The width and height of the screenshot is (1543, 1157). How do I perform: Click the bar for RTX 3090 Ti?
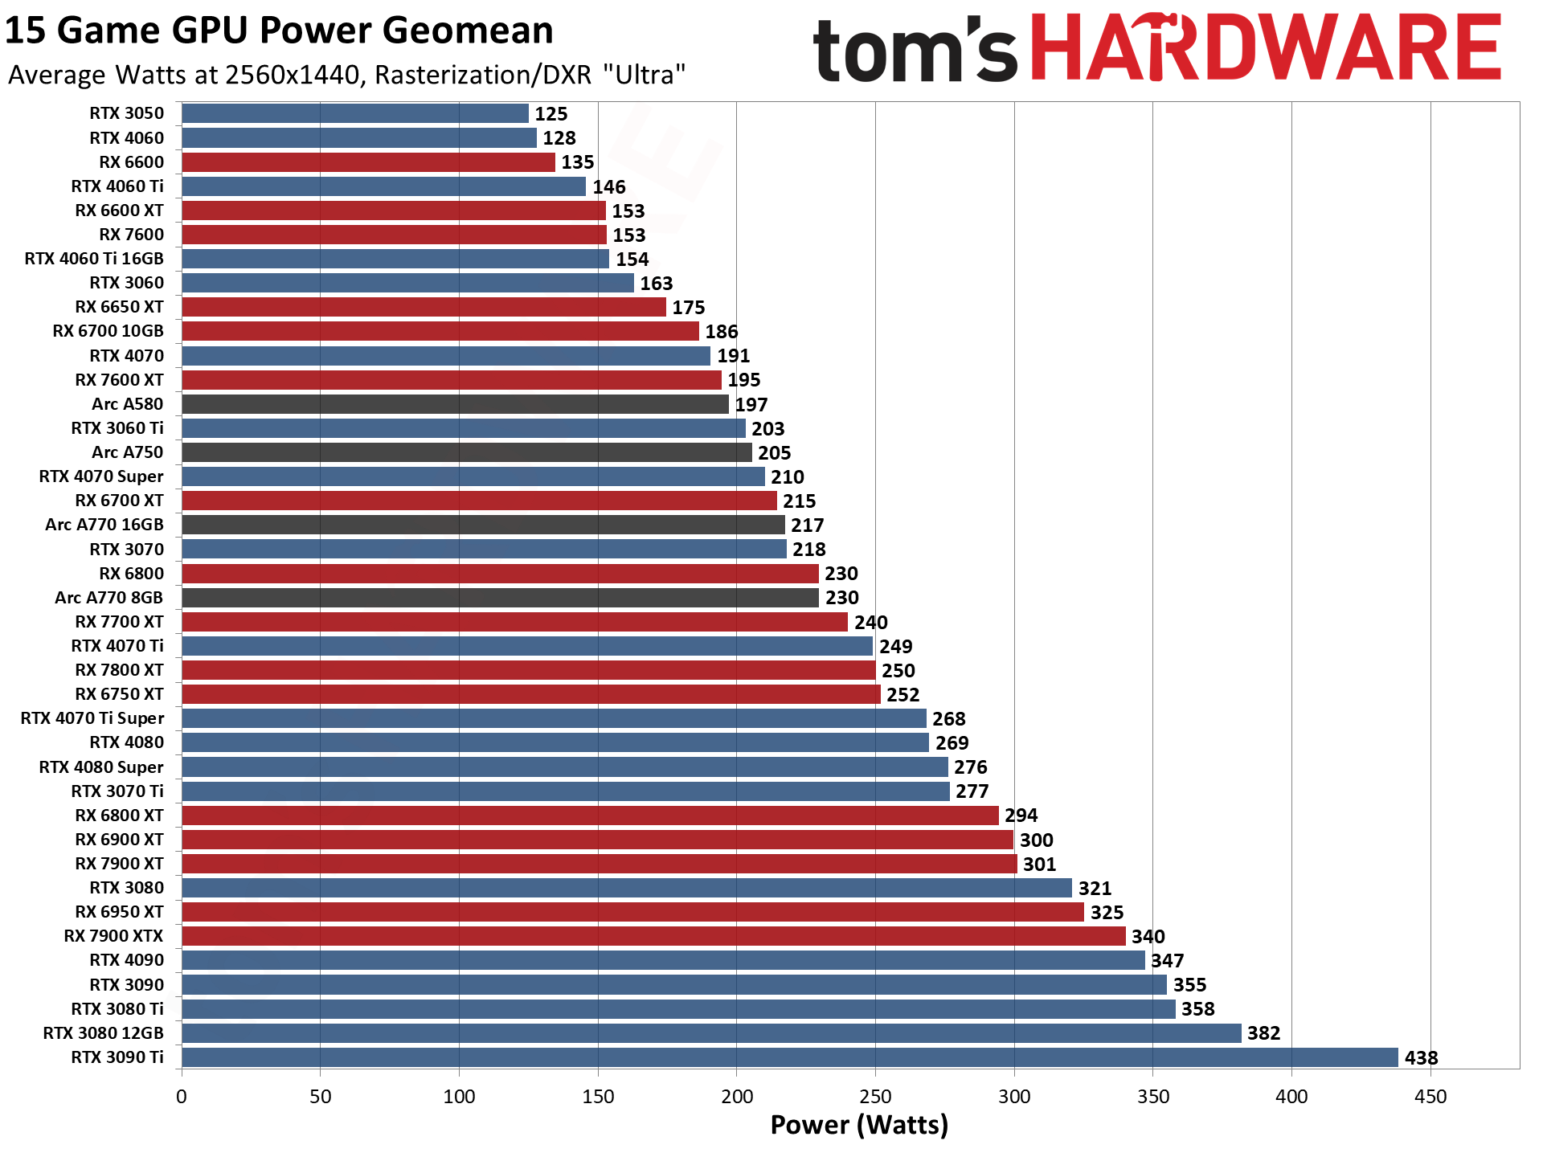[x=789, y=1057]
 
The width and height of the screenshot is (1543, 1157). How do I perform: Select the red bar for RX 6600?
[x=368, y=162]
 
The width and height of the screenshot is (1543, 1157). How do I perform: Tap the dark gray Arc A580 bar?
[x=455, y=404]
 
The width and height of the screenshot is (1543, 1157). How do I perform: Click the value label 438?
[x=1421, y=1058]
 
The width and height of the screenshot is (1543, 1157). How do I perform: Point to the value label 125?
[x=551, y=114]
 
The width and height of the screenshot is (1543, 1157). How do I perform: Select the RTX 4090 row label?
[x=126, y=960]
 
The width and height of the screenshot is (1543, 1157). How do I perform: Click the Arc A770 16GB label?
[x=104, y=525]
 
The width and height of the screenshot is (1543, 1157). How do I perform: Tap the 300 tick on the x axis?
[x=1014, y=1097]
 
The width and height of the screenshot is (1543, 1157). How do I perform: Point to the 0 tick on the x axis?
[x=182, y=1097]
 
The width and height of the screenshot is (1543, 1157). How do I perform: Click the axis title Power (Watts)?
[x=859, y=1125]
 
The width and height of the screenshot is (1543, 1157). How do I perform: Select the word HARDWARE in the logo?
[x=1266, y=48]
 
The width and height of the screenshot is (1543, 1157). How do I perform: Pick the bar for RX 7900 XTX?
[x=653, y=936]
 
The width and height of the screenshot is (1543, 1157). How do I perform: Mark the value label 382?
[x=1263, y=1033]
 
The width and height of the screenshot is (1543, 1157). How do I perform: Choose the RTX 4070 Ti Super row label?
[x=92, y=718]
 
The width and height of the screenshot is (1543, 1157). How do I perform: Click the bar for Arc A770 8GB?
[x=500, y=598]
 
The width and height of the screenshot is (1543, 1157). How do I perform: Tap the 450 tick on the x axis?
[x=1430, y=1097]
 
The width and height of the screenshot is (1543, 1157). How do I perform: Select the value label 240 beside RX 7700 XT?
[x=871, y=623]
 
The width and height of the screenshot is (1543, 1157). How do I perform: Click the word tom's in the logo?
[x=915, y=50]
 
